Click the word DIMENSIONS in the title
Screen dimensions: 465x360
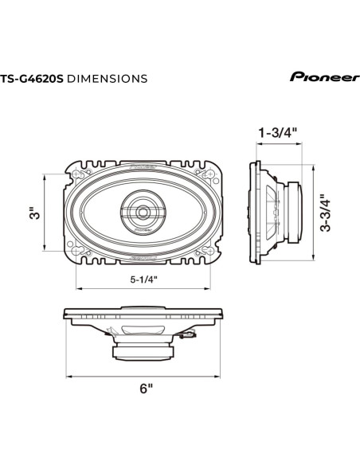click(106, 79)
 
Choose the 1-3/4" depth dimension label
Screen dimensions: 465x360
click(277, 132)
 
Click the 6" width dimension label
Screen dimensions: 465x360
click(145, 389)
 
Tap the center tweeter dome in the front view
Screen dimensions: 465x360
click(143, 213)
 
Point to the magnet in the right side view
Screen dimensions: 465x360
click(295, 213)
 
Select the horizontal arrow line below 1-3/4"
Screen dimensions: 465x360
click(277, 145)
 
